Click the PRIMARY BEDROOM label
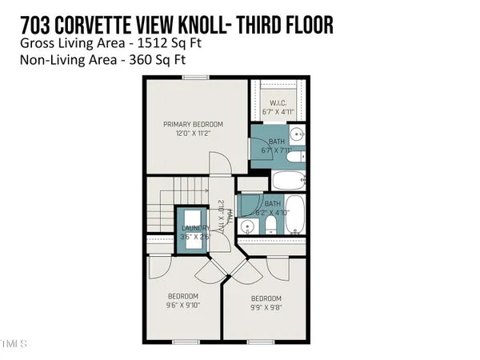pyautogui.click(x=193, y=124)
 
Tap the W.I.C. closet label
pyautogui.click(x=278, y=102)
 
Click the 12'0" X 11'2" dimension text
pyautogui.click(x=193, y=134)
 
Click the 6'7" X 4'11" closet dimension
pyautogui.click(x=278, y=111)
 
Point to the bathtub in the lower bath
pyautogui.click(x=294, y=214)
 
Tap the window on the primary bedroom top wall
pyautogui.click(x=193, y=78)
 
